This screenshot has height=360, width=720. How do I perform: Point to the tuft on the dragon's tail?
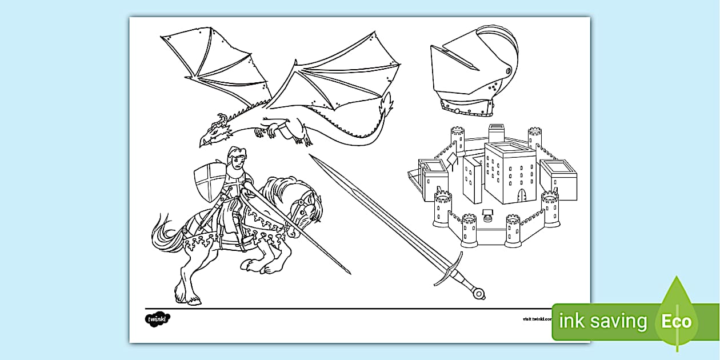387,105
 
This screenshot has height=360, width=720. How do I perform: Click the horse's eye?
301,203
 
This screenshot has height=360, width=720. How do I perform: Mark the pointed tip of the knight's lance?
349,273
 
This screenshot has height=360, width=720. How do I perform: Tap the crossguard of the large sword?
449,268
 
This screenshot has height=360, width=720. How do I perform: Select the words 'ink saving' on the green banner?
603,321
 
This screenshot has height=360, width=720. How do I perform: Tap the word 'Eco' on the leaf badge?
676,321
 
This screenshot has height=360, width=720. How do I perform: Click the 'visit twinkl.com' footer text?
537,319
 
